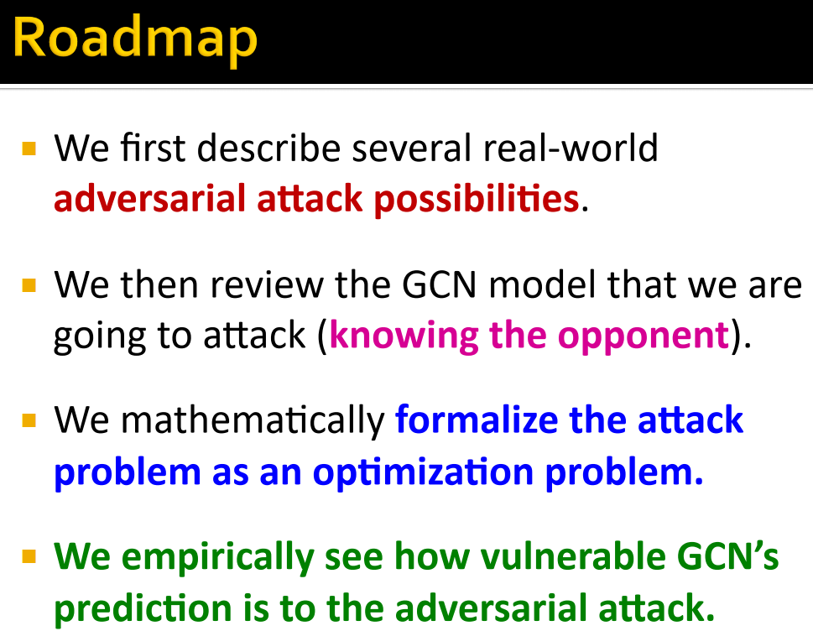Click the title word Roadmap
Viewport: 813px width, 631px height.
[135, 39]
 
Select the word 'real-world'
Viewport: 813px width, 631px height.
[570, 149]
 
